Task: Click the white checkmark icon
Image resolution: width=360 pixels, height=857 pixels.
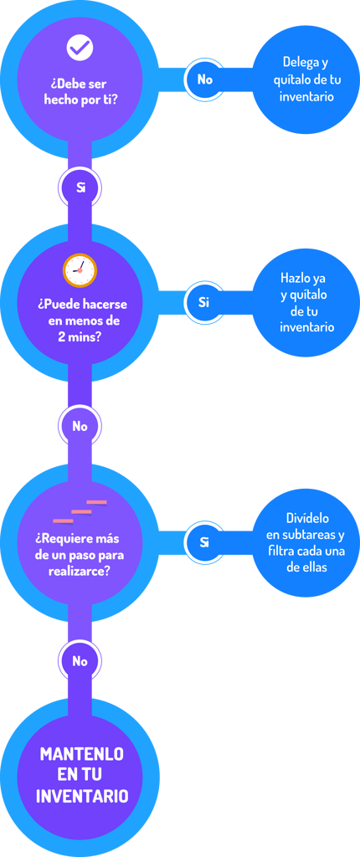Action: [x=80, y=48]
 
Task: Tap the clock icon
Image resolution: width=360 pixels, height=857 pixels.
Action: [x=80, y=270]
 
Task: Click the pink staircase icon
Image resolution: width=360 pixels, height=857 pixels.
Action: [x=80, y=511]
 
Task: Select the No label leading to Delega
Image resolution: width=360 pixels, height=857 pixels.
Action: [x=204, y=80]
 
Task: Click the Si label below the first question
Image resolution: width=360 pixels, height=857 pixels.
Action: [x=81, y=188]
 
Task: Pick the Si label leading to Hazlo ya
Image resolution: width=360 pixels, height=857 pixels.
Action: [x=204, y=302]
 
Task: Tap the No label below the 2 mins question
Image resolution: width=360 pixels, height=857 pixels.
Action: [x=80, y=426]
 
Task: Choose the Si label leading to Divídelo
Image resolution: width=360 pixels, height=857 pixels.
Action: [x=204, y=542]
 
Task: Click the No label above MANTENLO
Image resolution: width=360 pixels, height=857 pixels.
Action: [x=80, y=661]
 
